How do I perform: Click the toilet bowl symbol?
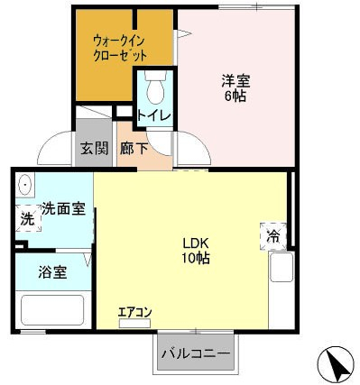(155, 87)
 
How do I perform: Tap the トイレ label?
(154, 115)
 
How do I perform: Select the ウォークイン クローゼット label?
(120, 49)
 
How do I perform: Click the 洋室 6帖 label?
(235, 88)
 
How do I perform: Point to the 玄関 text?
(94, 149)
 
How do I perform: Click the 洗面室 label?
(63, 208)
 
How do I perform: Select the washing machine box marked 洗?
(28, 218)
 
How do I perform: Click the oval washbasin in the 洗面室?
(24, 185)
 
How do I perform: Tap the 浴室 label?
(52, 272)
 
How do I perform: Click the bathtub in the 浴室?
(52, 310)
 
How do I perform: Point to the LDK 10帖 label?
(196, 251)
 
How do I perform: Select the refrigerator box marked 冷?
(273, 236)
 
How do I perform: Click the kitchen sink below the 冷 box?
(282, 267)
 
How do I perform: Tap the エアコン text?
(134, 313)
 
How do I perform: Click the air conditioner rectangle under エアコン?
(134, 323)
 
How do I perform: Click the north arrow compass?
(336, 363)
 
